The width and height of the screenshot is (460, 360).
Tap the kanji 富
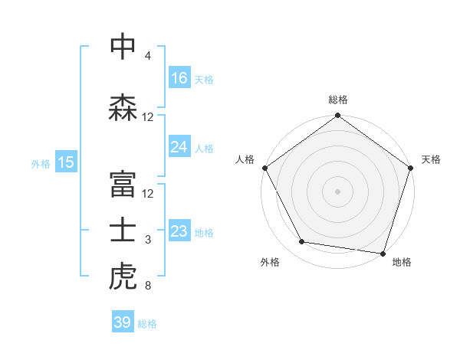123,182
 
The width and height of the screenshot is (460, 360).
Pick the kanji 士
123,231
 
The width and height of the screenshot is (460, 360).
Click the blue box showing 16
179,78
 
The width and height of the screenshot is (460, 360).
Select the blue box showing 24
179,147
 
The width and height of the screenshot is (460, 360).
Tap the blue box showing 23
179,231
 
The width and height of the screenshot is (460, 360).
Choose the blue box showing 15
65,162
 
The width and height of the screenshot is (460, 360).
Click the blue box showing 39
122,322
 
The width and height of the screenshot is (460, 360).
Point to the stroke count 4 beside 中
148,56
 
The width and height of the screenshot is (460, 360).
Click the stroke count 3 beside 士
148,241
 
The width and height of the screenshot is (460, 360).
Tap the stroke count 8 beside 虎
148,286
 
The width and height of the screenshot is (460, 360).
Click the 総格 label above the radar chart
338,100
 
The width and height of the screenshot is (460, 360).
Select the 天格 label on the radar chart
431,159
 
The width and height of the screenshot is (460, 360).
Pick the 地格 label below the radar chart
402,262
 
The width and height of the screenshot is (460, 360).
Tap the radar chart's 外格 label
270,262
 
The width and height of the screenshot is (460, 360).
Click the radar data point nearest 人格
264,168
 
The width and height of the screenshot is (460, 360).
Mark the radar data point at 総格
338,116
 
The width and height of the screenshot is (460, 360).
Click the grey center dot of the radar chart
338,191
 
